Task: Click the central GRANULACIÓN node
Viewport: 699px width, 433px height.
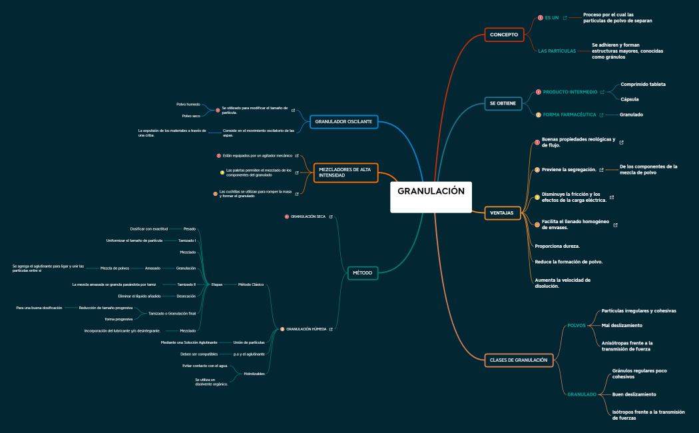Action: [431, 191]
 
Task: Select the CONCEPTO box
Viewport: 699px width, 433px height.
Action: [503, 34]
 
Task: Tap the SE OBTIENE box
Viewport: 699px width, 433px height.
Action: [503, 103]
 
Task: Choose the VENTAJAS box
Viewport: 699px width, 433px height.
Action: [502, 213]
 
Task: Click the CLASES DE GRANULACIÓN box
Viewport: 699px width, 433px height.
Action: [519, 360]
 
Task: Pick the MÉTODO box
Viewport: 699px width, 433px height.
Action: [362, 272]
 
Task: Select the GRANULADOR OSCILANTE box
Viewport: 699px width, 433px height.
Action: [344, 122]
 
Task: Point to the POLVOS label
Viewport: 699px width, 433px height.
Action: [577, 326]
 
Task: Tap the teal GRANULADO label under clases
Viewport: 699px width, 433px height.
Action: [582, 394]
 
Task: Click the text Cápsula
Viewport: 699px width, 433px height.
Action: [630, 99]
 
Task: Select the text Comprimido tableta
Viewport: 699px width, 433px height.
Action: [643, 85]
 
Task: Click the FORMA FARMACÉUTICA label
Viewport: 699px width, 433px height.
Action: [570, 115]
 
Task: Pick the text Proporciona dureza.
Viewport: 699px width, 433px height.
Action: [557, 246]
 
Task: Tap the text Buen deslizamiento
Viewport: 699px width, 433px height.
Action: [634, 394]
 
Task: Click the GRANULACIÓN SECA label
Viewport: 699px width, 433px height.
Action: [308, 217]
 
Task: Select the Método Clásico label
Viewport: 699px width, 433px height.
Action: [251, 284]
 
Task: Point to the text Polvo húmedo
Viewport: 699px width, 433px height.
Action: [188, 105]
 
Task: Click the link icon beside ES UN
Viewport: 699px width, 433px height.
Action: [565, 18]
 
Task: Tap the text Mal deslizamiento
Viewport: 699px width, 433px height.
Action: [622, 326]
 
